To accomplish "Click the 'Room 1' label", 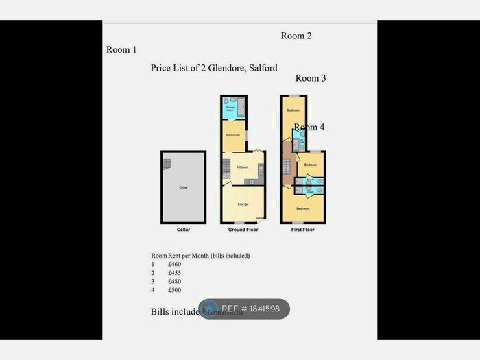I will [121, 50].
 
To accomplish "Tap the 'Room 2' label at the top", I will [296, 36].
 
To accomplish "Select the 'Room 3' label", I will [311, 78].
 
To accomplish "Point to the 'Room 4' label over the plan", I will [309, 128].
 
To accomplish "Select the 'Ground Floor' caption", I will [243, 230].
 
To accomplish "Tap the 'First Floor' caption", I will [302, 230].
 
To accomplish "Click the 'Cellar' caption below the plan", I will [183, 230].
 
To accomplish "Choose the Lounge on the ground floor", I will [243, 204].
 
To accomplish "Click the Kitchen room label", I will [242, 167].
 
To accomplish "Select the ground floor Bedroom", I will [233, 135].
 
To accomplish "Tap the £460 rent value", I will [175, 264].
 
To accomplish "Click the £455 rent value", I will [175, 273].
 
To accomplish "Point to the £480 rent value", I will [175, 282].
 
